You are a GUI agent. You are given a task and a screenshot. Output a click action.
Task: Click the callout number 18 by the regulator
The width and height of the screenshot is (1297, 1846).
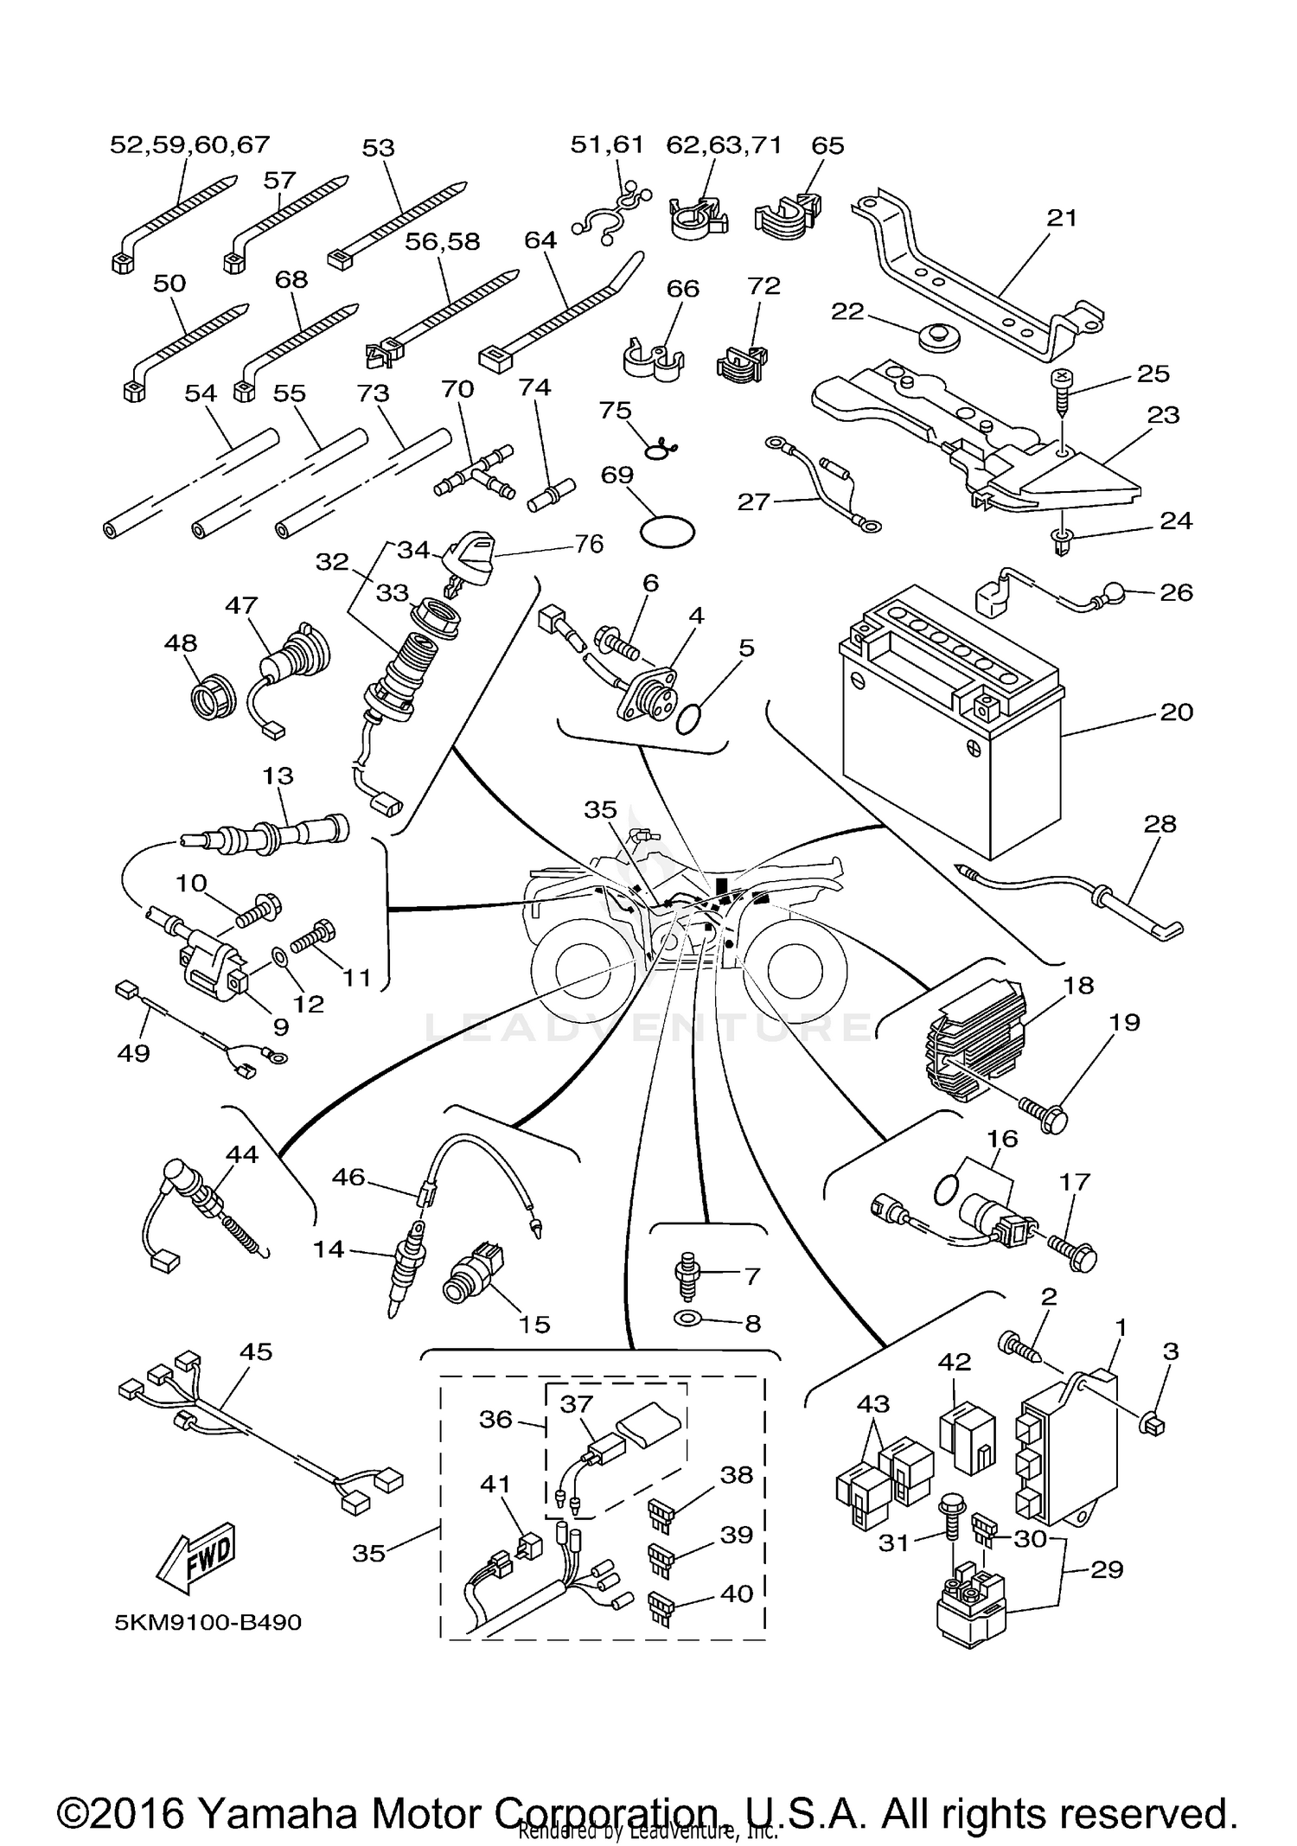coord(1079,985)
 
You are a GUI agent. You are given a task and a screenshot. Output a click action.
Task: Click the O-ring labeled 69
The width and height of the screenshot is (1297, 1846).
coord(667,532)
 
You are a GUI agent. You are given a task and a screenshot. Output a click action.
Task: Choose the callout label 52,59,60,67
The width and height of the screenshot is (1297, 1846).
coord(189,144)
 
